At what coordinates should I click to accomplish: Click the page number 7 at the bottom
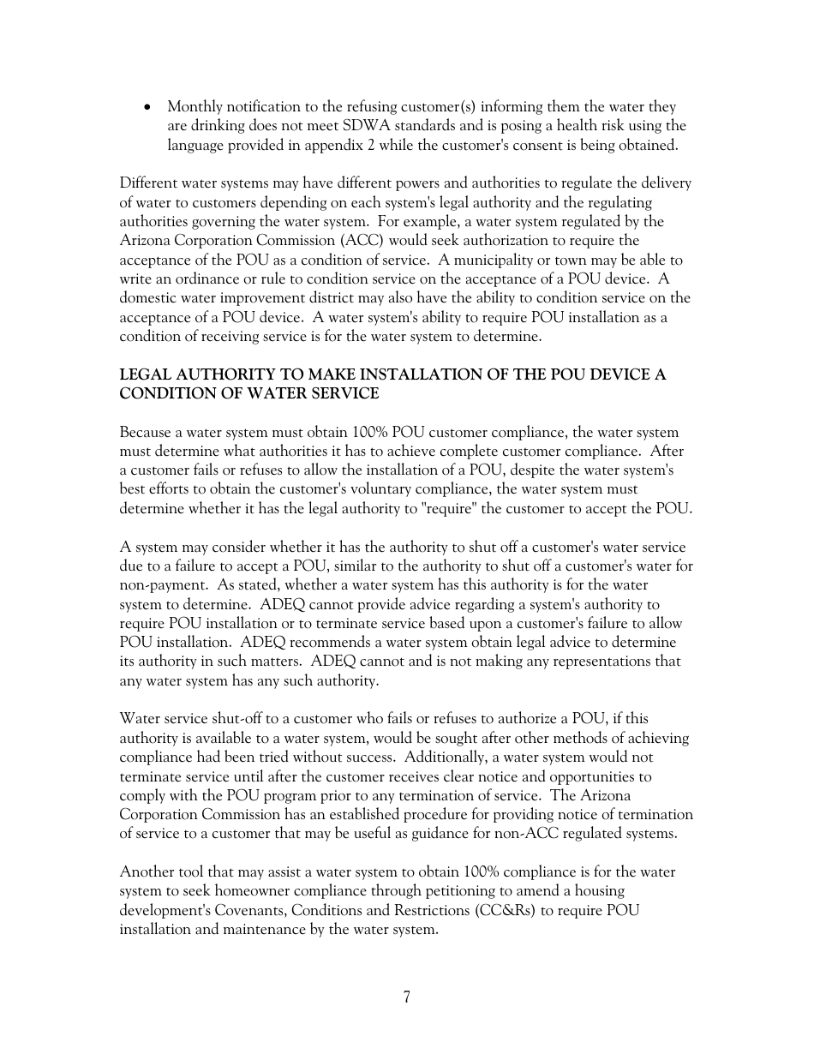pos(406,997)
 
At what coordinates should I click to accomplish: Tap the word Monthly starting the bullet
pos(195,107)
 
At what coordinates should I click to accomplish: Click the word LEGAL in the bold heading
pos(146,374)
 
